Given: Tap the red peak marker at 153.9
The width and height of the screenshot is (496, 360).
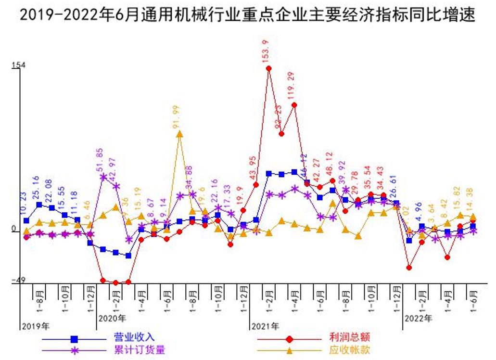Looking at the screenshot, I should point(269,68).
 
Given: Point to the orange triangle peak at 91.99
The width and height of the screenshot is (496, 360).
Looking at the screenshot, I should point(179,134).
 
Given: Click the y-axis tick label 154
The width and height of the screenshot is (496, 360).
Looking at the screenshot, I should point(19,65).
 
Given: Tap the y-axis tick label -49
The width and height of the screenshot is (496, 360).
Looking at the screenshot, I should point(18,280).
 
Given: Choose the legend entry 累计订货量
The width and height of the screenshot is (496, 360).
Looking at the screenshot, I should point(139,350).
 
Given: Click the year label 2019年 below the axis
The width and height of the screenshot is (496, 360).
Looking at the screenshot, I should point(35,326).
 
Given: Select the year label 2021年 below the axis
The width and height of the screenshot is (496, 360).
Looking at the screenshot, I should point(265,326).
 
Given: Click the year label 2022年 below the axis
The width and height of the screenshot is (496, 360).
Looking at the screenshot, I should point(418,318).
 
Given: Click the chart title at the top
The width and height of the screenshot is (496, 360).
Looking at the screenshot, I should point(248,15).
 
